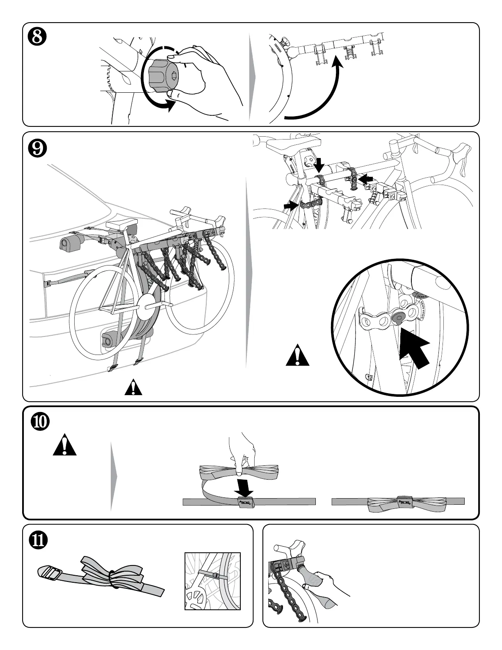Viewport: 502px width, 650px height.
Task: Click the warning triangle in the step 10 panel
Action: point(65,446)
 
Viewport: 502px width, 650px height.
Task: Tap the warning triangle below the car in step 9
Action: point(133,388)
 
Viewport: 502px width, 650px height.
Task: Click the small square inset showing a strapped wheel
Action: point(212,581)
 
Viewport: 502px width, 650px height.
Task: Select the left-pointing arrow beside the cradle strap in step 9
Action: point(367,179)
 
